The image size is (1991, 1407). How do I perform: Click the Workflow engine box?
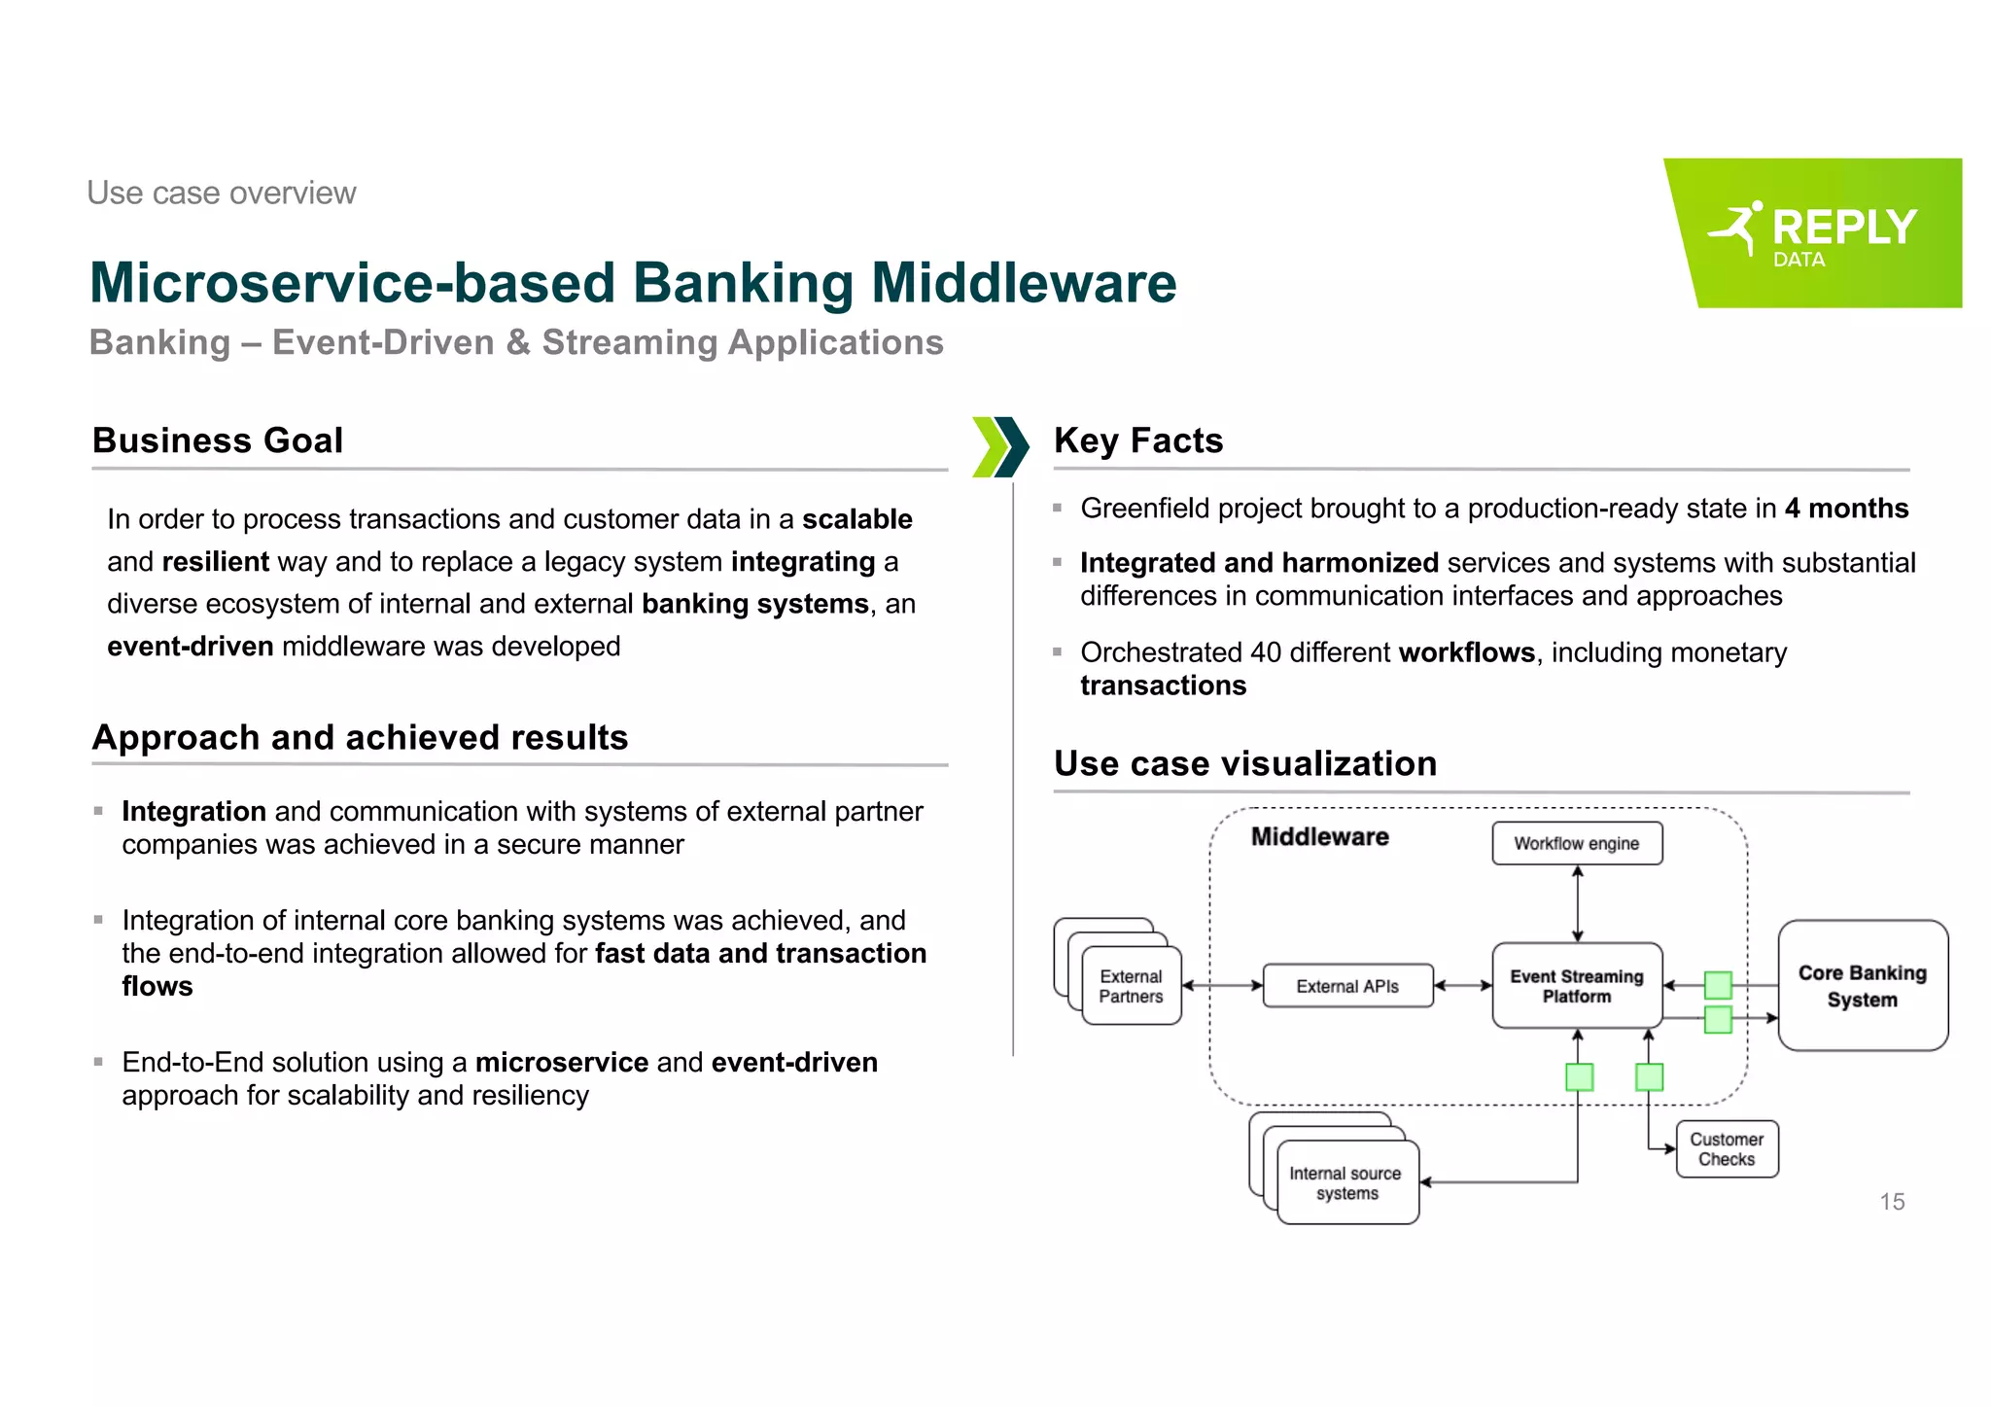point(1576,843)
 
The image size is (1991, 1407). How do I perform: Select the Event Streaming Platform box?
point(1576,985)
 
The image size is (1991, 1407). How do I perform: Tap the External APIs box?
point(1346,986)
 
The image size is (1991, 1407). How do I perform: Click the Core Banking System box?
point(1862,985)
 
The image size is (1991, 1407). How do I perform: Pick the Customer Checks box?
point(1727,1148)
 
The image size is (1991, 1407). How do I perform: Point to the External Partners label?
point(1131,986)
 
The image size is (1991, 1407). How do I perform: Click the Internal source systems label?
point(1346,1182)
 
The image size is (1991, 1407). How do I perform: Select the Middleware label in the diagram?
point(1319,836)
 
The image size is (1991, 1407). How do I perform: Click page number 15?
point(1891,1202)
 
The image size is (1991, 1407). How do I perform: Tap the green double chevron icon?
point(999,447)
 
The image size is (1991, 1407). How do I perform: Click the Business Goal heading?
point(218,440)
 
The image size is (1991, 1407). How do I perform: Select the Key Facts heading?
point(1137,440)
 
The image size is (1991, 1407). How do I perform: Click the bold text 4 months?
point(1845,509)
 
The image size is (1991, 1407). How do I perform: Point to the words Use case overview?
point(222,193)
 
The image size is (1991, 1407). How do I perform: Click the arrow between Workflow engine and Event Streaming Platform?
point(1577,903)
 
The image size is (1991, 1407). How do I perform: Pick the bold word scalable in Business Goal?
point(856,519)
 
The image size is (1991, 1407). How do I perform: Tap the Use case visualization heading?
point(1244,763)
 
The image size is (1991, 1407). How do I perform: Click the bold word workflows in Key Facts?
point(1466,652)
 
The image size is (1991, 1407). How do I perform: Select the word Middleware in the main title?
point(1023,283)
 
